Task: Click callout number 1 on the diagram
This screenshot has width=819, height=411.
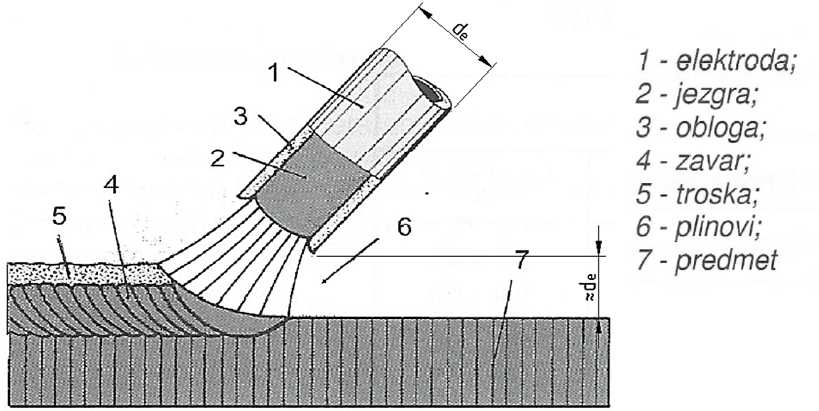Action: (x=276, y=72)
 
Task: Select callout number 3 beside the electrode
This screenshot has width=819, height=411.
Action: (x=239, y=117)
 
